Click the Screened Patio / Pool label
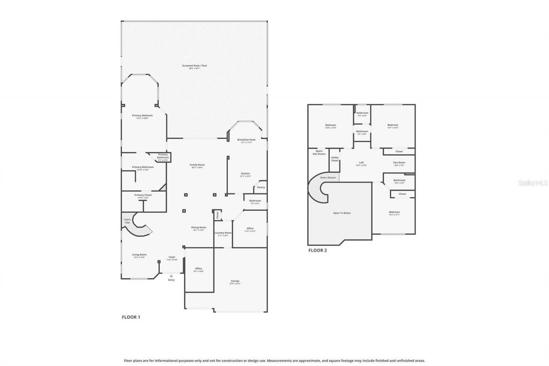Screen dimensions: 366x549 pyautogui.click(x=194, y=66)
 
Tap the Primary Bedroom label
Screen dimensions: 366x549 pyautogui.click(x=142, y=115)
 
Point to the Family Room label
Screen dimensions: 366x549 pyautogui.click(x=197, y=165)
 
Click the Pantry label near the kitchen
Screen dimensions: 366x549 pyautogui.click(x=261, y=187)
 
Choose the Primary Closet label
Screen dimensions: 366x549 pyautogui.click(x=143, y=195)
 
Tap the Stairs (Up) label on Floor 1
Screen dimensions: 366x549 pyautogui.click(x=127, y=221)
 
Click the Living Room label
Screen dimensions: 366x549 pyautogui.click(x=139, y=254)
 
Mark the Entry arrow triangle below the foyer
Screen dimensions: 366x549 pyautogui.click(x=171, y=275)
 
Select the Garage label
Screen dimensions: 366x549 pyautogui.click(x=235, y=281)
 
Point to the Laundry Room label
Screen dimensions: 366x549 pyautogui.click(x=223, y=233)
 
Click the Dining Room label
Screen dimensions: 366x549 pyautogui.click(x=199, y=227)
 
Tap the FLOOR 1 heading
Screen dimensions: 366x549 pyautogui.click(x=131, y=318)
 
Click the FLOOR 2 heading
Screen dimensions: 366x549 pyautogui.click(x=317, y=250)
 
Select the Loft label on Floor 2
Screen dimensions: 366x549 pyautogui.click(x=361, y=163)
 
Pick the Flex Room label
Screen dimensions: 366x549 pyautogui.click(x=399, y=163)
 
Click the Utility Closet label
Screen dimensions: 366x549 pyautogui.click(x=335, y=159)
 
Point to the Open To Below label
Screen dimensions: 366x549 pyautogui.click(x=342, y=213)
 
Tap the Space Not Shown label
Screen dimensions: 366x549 pyautogui.click(x=319, y=152)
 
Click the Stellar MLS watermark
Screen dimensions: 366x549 pyautogui.click(x=533, y=183)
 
